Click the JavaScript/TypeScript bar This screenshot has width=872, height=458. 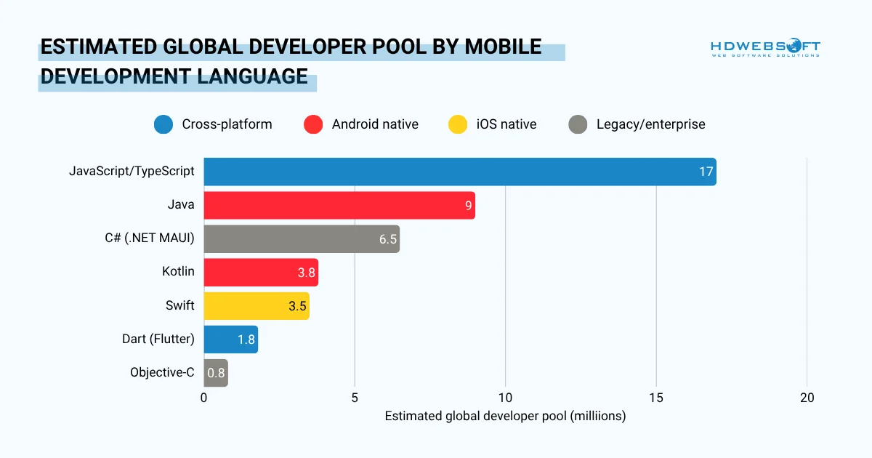(x=459, y=172)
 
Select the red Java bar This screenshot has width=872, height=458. (x=339, y=205)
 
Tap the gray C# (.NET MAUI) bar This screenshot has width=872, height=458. (x=301, y=238)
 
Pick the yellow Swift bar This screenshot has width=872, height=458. (x=256, y=305)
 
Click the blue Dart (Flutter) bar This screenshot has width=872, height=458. (x=230, y=340)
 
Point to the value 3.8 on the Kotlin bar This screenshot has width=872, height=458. (x=306, y=273)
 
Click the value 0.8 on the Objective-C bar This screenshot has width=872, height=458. (x=216, y=373)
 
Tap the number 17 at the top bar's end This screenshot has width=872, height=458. (x=706, y=172)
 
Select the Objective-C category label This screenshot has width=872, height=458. (x=162, y=372)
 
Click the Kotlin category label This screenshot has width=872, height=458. (x=178, y=271)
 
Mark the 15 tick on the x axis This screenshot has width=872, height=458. (x=656, y=398)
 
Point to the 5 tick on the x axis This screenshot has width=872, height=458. (x=355, y=398)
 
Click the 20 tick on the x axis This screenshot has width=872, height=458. (x=807, y=398)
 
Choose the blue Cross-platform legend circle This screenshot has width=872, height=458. (x=163, y=124)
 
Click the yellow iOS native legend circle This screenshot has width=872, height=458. (x=458, y=124)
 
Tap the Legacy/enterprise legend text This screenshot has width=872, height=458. (x=650, y=124)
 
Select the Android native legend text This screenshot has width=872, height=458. (x=375, y=124)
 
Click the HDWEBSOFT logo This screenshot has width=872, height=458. (x=765, y=49)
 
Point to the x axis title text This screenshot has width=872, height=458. (x=504, y=417)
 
